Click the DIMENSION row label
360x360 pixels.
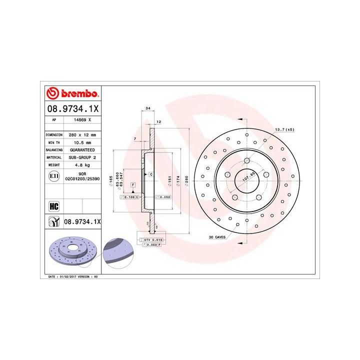54,135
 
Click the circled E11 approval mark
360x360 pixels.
54,176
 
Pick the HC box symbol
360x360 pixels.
54,205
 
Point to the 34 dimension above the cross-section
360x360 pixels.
147,108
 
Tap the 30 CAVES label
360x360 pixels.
218,236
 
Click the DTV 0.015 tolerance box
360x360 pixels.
152,240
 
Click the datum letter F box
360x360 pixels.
133,185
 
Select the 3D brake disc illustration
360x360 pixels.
71,252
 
